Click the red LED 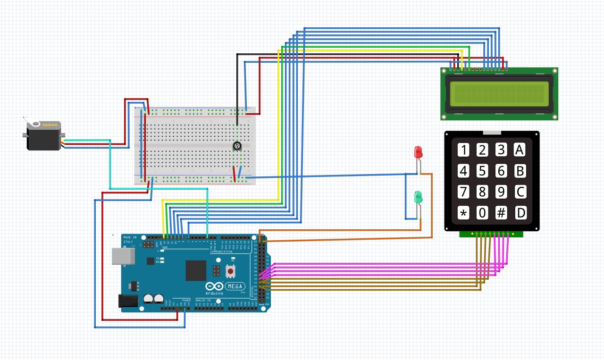[x=418, y=152]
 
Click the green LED [x=418, y=197]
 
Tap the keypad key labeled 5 [x=482, y=171]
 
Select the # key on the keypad [x=501, y=213]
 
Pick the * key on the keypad [x=463, y=213]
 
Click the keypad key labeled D [x=520, y=213]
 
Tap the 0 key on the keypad [x=482, y=213]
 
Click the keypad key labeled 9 [x=501, y=192]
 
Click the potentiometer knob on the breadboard [x=237, y=146]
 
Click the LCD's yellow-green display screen [x=499, y=92]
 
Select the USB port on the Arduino [x=123, y=256]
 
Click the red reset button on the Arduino [x=231, y=271]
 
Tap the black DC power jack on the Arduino [x=127, y=301]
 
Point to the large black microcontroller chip [x=196, y=270]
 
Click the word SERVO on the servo [x=50, y=125]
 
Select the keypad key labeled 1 [x=463, y=150]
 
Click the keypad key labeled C [x=520, y=192]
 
